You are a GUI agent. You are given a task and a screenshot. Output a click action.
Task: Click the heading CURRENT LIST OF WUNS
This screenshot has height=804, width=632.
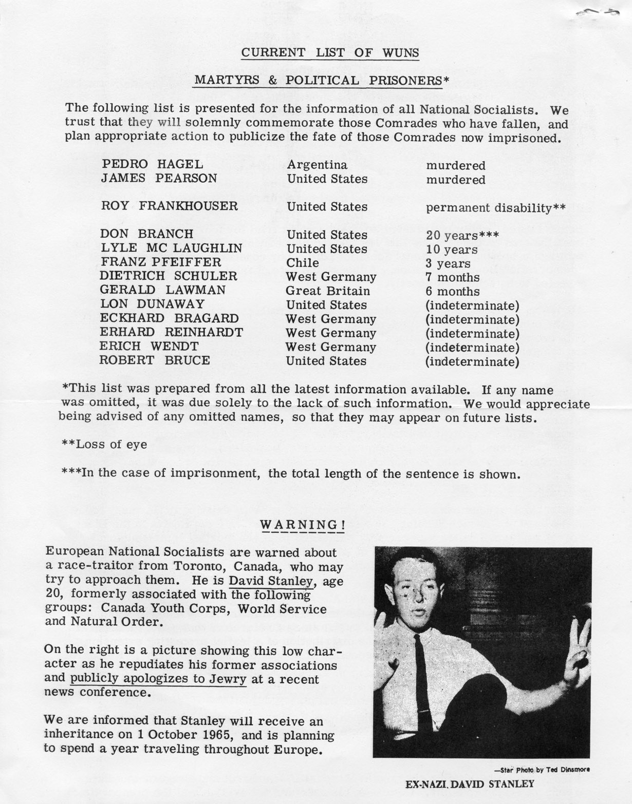[330, 52]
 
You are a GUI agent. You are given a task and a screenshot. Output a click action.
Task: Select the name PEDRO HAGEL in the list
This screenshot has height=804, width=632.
[153, 164]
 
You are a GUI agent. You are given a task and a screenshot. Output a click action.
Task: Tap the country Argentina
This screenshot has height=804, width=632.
[317, 165]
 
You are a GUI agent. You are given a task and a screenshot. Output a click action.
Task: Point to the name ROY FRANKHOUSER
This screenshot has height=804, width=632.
[169, 206]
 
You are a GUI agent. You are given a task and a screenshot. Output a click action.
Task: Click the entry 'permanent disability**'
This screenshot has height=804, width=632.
[496, 207]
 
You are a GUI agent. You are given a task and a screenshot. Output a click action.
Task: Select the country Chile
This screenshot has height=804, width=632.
[303, 263]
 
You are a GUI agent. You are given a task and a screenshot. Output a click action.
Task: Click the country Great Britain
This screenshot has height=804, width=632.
[328, 291]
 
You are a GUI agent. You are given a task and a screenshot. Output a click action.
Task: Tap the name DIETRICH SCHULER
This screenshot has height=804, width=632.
[169, 276]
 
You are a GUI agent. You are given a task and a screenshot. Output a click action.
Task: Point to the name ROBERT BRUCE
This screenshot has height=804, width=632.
[155, 360]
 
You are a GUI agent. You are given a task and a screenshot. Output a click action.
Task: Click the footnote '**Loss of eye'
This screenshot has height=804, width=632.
[104, 444]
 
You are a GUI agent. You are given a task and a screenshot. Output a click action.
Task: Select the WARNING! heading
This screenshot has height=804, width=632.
[302, 525]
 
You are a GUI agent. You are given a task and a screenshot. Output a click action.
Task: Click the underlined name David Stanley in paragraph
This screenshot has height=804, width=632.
[271, 581]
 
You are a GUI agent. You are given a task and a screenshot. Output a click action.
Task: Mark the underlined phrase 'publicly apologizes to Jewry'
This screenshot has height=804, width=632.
[158, 679]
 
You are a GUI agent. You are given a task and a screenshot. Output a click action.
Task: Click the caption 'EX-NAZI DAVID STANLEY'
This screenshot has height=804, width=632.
[470, 784]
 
